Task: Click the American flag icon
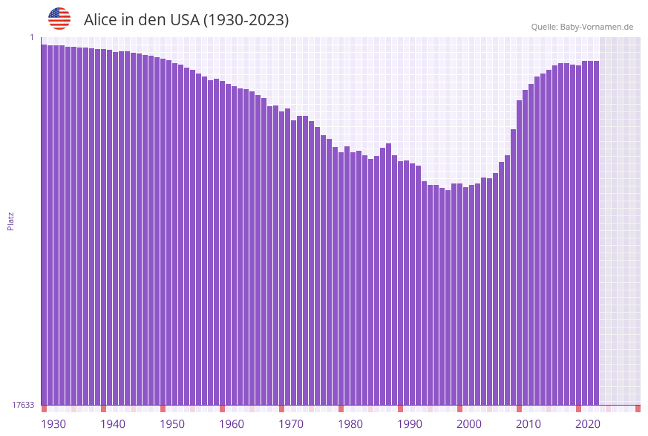pyautogui.click(x=59, y=19)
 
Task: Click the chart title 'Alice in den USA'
pyautogui.click(x=186, y=20)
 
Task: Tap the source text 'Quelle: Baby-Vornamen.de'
pyautogui.click(x=582, y=27)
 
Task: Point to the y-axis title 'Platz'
pyautogui.click(x=11, y=221)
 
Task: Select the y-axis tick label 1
pyautogui.click(x=32, y=37)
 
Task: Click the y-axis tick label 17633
pyautogui.click(x=23, y=405)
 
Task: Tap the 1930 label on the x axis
pyautogui.click(x=53, y=423)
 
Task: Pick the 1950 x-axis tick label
pyautogui.click(x=172, y=423)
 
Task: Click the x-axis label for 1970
pyautogui.click(x=291, y=423)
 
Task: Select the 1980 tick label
pyautogui.click(x=350, y=423)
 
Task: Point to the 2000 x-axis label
pyautogui.click(x=469, y=423)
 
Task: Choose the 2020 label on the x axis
pyautogui.click(x=588, y=423)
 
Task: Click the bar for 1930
pyautogui.click(x=45, y=223)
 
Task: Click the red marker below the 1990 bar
pyautogui.click(x=401, y=409)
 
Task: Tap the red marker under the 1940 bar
pyautogui.click(x=104, y=409)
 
